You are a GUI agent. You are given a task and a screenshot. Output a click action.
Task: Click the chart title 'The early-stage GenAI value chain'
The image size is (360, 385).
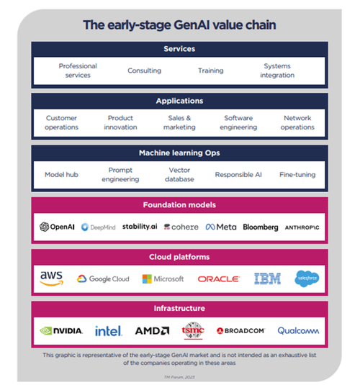[179, 25]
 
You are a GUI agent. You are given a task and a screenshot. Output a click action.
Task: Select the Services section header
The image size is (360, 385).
[179, 50]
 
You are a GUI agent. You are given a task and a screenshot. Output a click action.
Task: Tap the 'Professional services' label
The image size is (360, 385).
[78, 71]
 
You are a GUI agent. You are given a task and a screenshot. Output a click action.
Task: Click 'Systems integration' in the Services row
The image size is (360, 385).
[277, 71]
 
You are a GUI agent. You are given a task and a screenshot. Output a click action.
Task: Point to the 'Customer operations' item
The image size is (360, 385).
[62, 122]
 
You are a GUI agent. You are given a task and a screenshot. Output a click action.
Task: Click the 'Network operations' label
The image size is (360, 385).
[297, 122]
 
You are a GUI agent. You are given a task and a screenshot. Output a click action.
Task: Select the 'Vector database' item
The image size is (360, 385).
[179, 174]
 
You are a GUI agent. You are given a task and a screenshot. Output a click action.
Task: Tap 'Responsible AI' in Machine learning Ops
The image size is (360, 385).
[239, 174]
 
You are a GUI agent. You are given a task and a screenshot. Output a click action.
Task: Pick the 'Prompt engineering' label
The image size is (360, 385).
[120, 174]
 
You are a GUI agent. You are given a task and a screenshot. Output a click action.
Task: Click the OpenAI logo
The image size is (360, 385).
[58, 227]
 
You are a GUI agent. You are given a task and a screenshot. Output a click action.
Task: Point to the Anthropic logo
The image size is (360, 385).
[301, 227]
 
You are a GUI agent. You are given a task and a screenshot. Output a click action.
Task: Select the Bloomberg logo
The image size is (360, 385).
[261, 227]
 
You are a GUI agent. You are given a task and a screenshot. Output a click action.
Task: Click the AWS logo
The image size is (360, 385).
[52, 278]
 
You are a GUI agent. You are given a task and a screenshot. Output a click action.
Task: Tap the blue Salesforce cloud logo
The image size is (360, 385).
[306, 278]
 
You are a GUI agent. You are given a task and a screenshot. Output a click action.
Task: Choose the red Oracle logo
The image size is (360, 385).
[218, 278]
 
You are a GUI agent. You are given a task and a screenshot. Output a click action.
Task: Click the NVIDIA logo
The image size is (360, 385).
[61, 331]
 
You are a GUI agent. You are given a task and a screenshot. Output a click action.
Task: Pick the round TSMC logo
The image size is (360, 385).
[192, 330]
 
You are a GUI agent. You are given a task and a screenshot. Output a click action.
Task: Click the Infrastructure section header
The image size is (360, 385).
[179, 308]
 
